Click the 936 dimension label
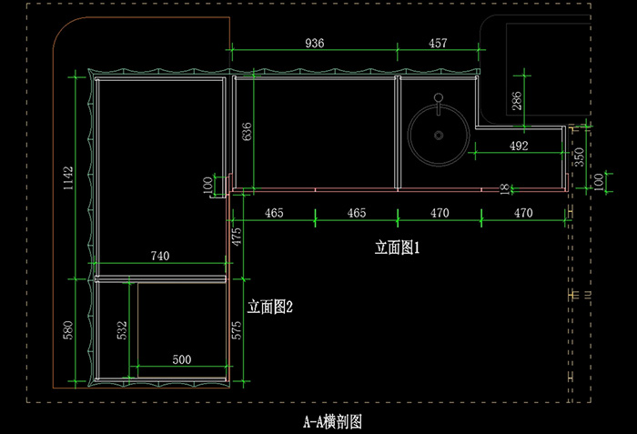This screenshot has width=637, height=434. point(315,43)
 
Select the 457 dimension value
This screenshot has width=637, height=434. point(438,43)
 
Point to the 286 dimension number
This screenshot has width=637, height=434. point(516,101)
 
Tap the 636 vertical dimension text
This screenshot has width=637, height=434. point(247,132)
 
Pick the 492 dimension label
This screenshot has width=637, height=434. point(519,146)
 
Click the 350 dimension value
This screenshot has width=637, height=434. point(579,156)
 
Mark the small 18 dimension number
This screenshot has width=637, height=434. point(504,189)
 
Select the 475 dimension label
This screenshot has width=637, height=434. point(237,237)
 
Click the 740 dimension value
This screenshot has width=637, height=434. point(160,256)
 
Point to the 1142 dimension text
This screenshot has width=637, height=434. point(68,178)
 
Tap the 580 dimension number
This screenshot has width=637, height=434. point(68,330)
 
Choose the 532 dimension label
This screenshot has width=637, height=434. point(122,330)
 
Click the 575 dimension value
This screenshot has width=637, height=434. point(237,330)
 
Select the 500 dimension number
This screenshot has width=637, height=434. point(182,359)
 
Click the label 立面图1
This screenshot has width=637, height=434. point(397,247)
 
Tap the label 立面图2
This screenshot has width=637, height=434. point(269,307)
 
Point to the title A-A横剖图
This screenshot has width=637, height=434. point(332,422)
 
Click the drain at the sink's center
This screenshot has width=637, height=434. point(439,135)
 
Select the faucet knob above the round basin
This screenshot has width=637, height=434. point(439,97)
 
